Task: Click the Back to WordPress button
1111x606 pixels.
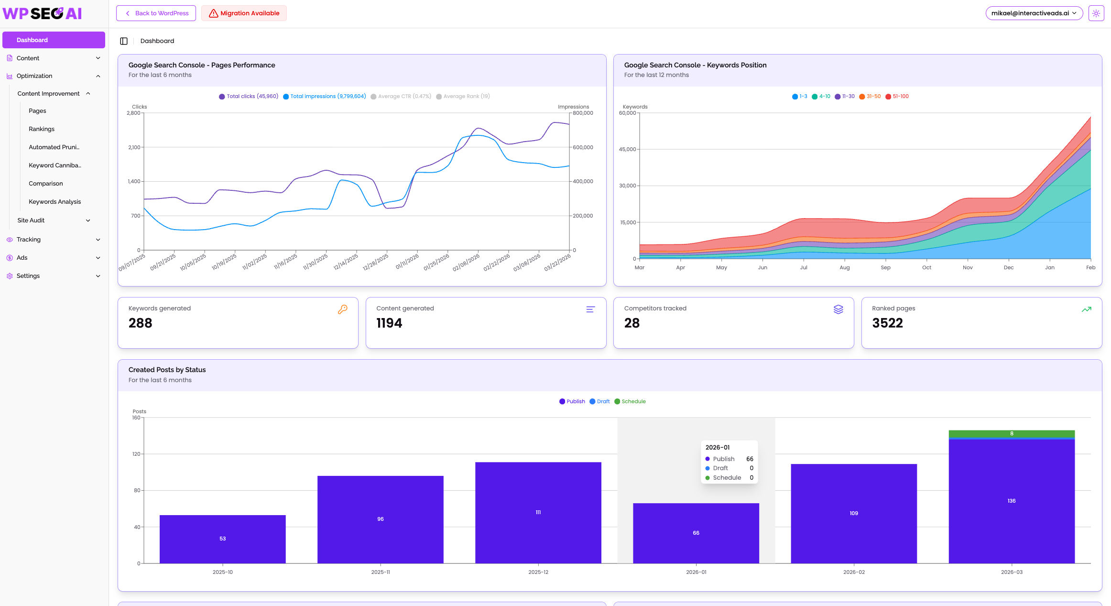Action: point(156,13)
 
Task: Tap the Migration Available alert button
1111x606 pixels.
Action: point(244,13)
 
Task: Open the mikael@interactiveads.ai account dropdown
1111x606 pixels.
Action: point(1034,13)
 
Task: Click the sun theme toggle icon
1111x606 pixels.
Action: point(1096,13)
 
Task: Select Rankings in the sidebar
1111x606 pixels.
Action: point(42,129)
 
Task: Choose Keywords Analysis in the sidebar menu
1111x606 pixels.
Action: point(54,202)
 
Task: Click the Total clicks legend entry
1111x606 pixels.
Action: point(249,96)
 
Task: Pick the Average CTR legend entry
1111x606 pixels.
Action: point(401,96)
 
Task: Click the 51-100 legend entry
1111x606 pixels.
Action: point(897,96)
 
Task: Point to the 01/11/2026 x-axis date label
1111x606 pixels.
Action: point(407,261)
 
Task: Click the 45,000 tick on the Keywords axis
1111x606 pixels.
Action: point(628,149)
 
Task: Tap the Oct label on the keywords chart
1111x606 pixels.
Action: point(926,267)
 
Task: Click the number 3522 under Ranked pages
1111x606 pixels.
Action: point(887,323)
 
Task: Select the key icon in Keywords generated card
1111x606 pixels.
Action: point(343,309)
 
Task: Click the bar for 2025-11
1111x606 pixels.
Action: point(381,519)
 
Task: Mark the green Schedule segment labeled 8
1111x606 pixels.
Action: point(1012,434)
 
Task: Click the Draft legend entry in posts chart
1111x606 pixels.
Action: point(599,401)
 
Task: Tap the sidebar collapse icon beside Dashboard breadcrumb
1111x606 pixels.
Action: point(124,41)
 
